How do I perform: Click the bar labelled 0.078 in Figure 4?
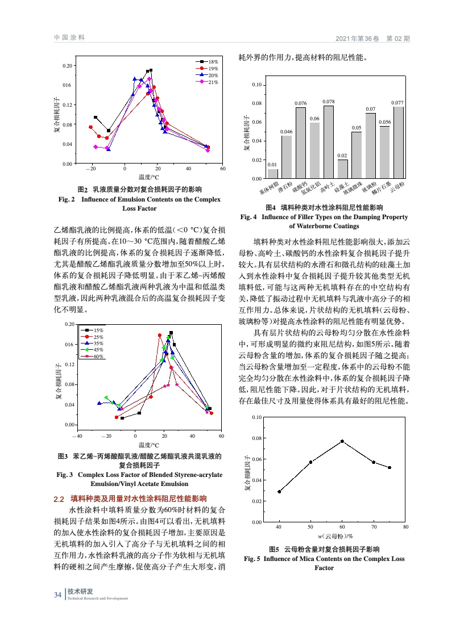point(328,142)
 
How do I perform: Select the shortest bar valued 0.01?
point(273,174)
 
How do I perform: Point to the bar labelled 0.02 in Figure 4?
point(342,169)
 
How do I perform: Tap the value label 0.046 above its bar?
point(287,131)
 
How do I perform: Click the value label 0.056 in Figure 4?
point(384,122)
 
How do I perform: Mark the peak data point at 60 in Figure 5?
point(342,441)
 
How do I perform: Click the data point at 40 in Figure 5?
point(279,492)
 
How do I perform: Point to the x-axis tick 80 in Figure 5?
point(405,527)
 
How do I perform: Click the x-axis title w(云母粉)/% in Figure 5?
point(335,536)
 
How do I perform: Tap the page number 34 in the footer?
point(57,594)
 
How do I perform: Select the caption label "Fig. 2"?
point(64,199)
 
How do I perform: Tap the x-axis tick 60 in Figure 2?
point(223,169)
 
